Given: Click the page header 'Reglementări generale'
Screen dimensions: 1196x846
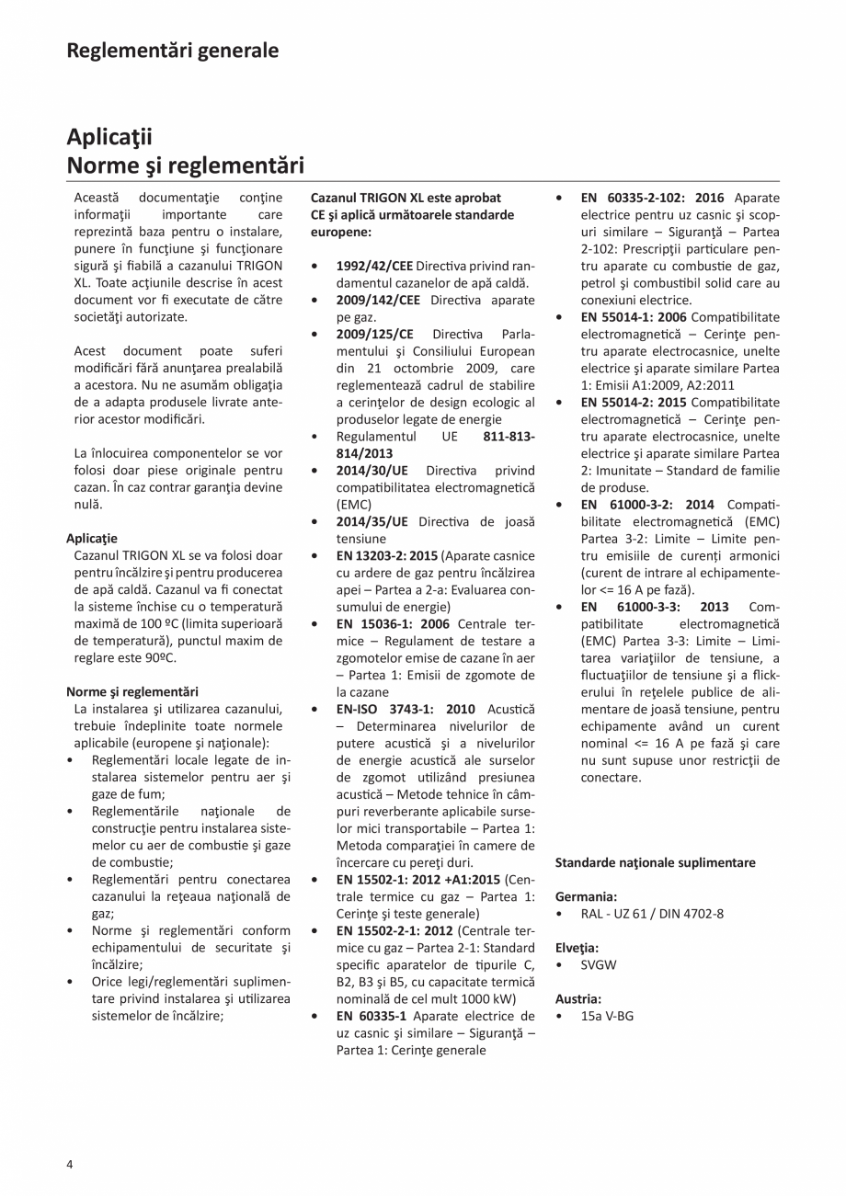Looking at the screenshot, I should (172, 50).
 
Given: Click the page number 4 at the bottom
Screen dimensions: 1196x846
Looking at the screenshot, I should (70, 1165).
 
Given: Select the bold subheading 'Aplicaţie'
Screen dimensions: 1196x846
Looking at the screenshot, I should (92, 538).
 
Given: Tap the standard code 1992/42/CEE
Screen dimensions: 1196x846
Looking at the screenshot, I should (376, 266).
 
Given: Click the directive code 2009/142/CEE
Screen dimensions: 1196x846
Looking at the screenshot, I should (378, 300).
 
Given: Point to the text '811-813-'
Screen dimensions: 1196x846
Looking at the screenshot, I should (509, 436).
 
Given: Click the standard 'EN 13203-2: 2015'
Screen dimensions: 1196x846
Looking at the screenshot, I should (387, 555).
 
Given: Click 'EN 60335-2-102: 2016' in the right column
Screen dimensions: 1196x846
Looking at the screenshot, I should (652, 198).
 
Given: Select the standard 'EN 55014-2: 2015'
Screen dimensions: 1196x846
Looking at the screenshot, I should (634, 402).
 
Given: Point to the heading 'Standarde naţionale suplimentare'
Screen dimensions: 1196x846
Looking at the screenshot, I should (655, 862).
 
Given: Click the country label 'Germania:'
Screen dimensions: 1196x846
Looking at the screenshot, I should (586, 896).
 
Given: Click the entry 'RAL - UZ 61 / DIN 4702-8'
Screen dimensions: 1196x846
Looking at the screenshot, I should (651, 914).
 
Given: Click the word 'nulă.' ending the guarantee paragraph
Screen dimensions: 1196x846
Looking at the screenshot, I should (89, 505).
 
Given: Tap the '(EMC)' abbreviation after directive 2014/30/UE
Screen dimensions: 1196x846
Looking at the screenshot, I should (354, 505).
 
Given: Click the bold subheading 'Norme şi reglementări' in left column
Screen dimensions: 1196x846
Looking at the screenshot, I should (131, 691).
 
